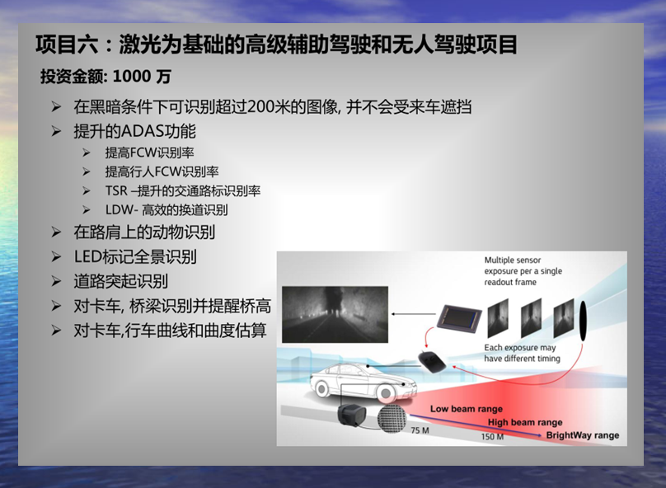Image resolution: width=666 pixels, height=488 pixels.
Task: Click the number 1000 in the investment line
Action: [132, 77]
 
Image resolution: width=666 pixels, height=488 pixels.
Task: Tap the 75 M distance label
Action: [420, 430]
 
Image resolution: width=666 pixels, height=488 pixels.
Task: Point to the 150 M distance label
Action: [492, 437]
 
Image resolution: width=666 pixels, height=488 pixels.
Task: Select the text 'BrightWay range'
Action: [582, 435]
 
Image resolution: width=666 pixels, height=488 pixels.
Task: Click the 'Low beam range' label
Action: [467, 409]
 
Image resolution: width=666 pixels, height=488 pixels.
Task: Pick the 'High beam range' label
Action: [525, 422]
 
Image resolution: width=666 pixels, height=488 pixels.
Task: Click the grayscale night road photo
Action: [335, 314]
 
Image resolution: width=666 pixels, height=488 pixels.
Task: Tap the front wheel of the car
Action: [386, 394]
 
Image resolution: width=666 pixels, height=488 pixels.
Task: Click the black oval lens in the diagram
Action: [583, 321]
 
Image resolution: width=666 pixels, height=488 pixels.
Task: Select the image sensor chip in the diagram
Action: [460, 322]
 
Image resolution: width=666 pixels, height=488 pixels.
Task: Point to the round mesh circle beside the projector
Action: [392, 418]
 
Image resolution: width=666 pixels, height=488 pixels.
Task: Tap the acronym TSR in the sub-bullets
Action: [116, 190]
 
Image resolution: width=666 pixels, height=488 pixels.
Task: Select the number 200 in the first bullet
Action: [260, 106]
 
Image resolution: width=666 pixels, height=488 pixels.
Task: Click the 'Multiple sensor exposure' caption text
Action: [523, 271]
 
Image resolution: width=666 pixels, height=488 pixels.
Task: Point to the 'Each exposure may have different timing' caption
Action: [522, 353]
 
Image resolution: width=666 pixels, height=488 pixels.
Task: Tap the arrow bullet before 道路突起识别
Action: [57, 281]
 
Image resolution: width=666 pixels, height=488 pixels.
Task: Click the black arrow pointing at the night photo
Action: [414, 314]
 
